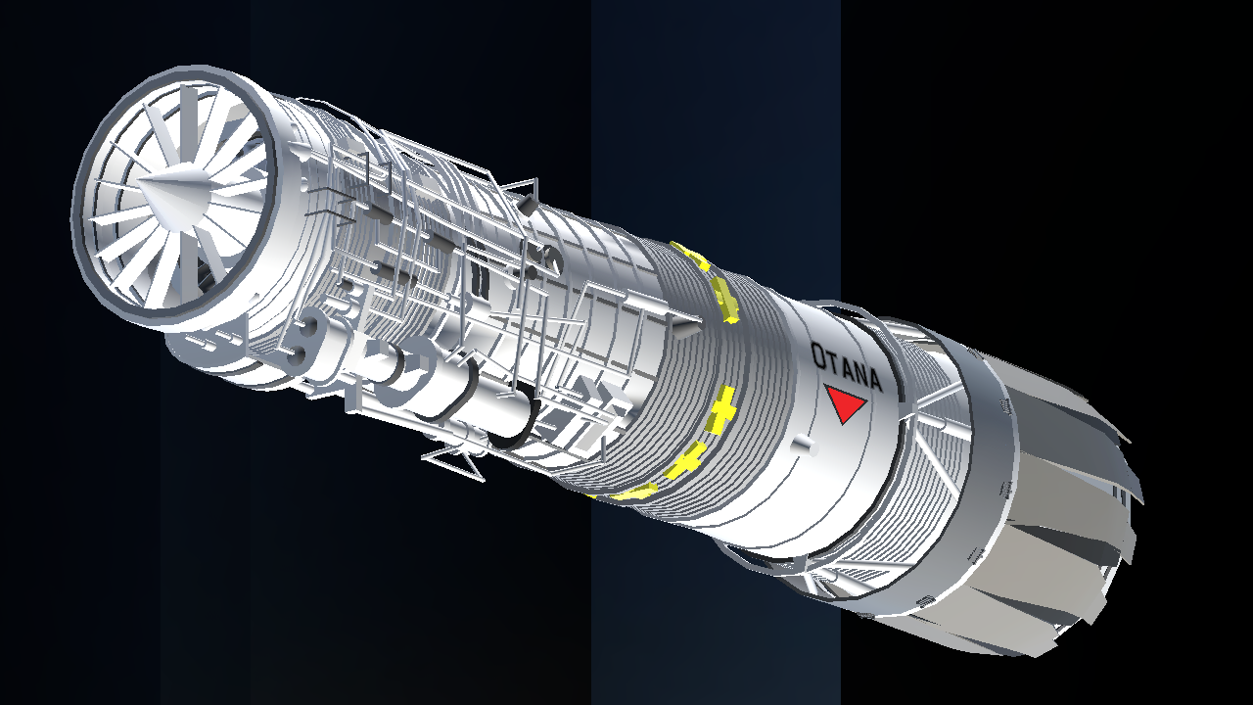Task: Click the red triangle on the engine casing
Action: click(845, 402)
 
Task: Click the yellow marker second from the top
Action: click(724, 301)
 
